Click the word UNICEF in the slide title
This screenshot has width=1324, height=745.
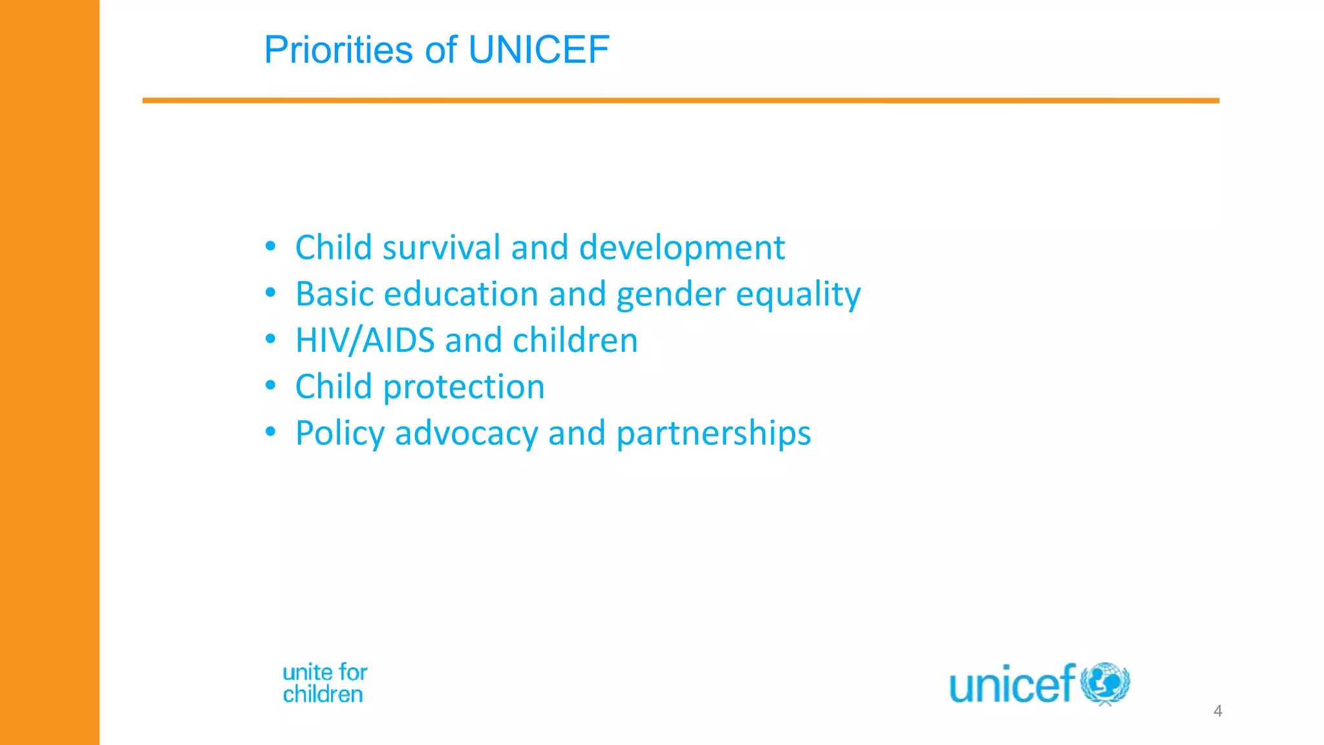tap(538, 50)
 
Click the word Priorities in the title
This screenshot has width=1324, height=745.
tap(338, 50)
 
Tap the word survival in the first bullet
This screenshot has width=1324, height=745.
tap(442, 248)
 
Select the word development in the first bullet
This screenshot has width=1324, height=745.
tap(681, 248)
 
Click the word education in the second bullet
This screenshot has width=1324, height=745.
tap(461, 294)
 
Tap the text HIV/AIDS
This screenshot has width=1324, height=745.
tap(365, 340)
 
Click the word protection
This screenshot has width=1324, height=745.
tap(464, 387)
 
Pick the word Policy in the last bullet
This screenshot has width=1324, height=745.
tap(340, 433)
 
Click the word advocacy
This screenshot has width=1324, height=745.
tap(466, 433)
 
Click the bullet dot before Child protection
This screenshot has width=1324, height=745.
tap(270, 385)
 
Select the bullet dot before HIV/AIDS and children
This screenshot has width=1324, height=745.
tap(270, 339)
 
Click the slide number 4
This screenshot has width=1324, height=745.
tap(1217, 711)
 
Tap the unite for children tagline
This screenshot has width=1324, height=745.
tap(325, 683)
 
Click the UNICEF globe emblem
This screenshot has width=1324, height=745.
tap(1105, 683)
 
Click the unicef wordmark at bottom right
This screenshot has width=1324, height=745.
tap(1012, 684)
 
